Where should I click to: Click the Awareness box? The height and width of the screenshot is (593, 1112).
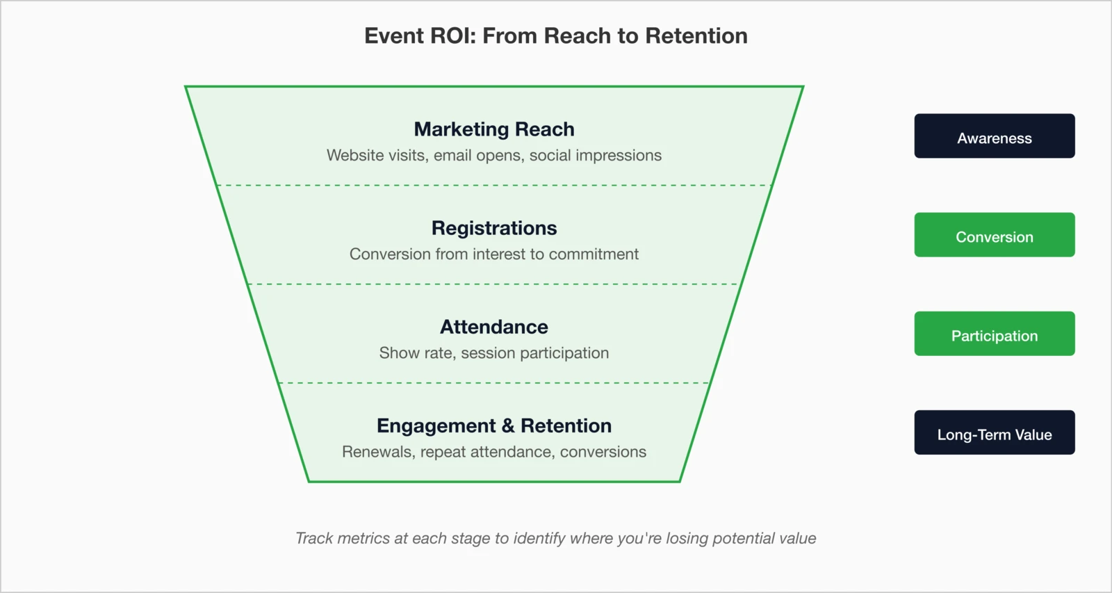point(994,136)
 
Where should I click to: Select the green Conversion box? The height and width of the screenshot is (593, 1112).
point(994,235)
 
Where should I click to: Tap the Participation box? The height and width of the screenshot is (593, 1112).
point(994,334)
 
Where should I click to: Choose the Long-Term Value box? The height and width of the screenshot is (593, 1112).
point(994,432)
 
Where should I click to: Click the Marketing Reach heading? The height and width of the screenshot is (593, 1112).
point(494,129)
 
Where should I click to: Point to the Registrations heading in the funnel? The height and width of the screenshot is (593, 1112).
point(494,228)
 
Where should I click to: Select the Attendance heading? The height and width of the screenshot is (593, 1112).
point(494,327)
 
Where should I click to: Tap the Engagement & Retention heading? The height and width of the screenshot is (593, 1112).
point(494,425)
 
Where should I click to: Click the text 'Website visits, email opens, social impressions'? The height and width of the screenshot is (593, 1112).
point(494,155)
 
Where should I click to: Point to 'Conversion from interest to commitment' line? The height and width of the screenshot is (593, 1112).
point(494,254)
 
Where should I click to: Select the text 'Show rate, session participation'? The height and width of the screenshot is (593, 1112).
point(494,352)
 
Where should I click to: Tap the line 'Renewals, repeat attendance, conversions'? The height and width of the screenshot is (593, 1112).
point(494,452)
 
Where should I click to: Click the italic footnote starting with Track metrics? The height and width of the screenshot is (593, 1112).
point(555,538)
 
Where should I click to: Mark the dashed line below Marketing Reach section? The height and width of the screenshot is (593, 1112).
point(494,186)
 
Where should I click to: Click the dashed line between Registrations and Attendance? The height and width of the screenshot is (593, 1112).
point(494,284)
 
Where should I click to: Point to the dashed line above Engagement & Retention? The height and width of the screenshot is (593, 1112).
point(494,383)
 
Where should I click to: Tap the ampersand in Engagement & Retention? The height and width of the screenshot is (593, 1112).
point(508,425)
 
